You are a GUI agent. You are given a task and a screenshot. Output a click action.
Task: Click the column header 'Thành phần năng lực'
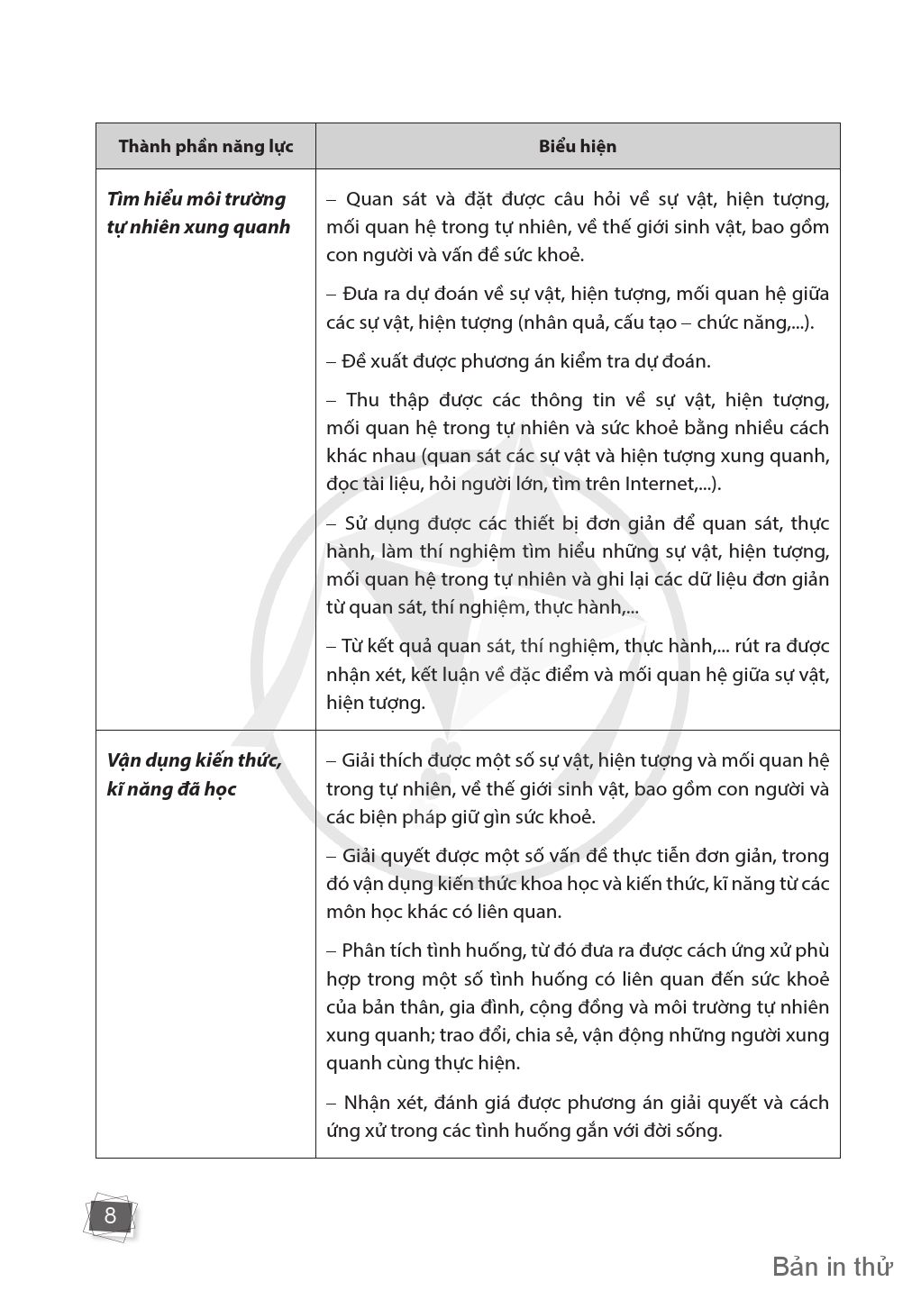pos(205,146)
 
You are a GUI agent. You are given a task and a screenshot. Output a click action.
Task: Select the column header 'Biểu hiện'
pos(578,146)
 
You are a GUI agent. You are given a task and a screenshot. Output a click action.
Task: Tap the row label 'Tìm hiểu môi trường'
pos(196,199)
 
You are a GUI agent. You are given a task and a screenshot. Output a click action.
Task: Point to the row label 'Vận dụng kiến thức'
pos(194,760)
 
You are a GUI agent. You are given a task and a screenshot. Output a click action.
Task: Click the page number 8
pos(110,1216)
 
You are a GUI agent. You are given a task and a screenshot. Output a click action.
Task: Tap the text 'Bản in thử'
pos(832,1267)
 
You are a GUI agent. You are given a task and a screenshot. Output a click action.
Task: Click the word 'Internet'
pos(665,484)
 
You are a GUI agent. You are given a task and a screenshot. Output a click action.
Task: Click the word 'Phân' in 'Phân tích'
pos(361,950)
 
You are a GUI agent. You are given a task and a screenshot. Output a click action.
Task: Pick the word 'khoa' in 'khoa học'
pos(559,884)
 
